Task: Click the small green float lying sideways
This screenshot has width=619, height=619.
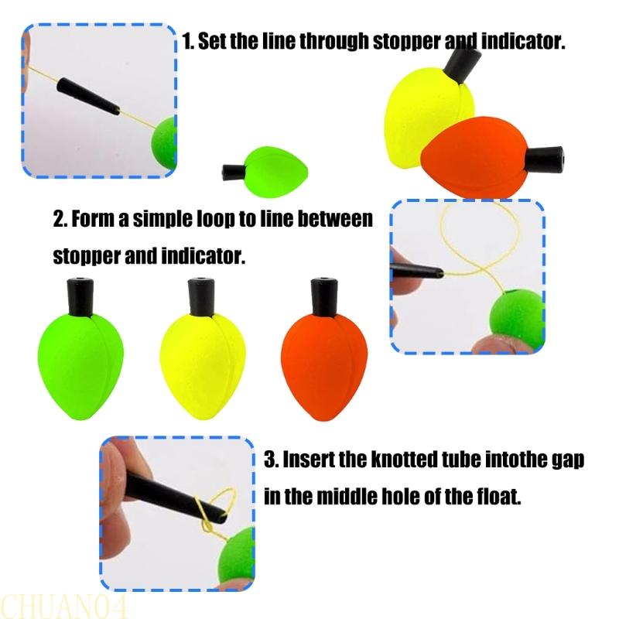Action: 275,166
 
